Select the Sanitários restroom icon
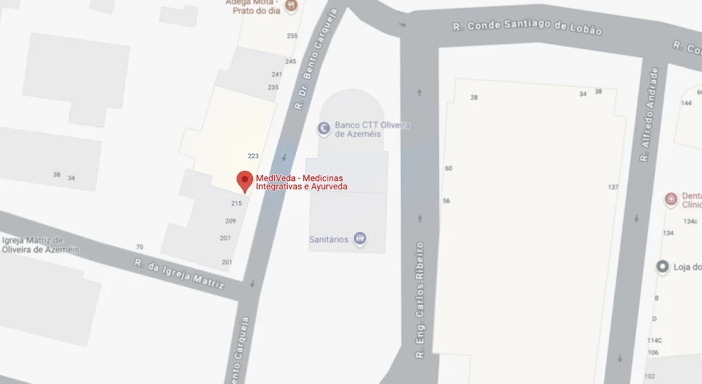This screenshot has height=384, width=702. click(360, 239)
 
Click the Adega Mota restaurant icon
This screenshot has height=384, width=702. click(291, 6)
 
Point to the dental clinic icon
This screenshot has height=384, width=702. click(671, 199)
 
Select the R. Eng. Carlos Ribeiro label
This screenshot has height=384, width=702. click(420, 300)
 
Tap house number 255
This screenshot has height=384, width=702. click(292, 36)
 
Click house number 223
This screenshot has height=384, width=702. click(253, 156)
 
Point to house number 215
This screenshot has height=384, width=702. click(237, 203)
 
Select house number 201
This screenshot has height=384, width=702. click(227, 262)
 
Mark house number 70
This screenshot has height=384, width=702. click(140, 247)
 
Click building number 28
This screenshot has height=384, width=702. click(474, 97)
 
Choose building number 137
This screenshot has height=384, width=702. click(613, 187)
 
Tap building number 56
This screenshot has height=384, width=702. click(446, 201)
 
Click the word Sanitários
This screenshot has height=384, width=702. click(328, 239)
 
